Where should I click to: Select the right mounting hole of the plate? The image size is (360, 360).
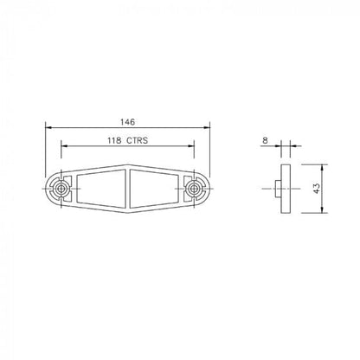pos(192,187)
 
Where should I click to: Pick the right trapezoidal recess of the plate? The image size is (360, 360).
pos(155,187)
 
